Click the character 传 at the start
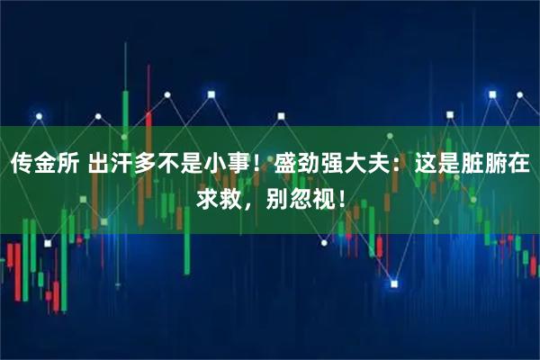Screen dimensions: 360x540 point(22,165)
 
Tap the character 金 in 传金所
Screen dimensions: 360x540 point(46,165)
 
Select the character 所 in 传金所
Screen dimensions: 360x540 point(70,165)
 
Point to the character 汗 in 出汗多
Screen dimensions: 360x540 point(125,165)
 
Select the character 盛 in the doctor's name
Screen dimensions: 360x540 point(286,165)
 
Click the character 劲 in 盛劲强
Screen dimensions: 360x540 point(310,165)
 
